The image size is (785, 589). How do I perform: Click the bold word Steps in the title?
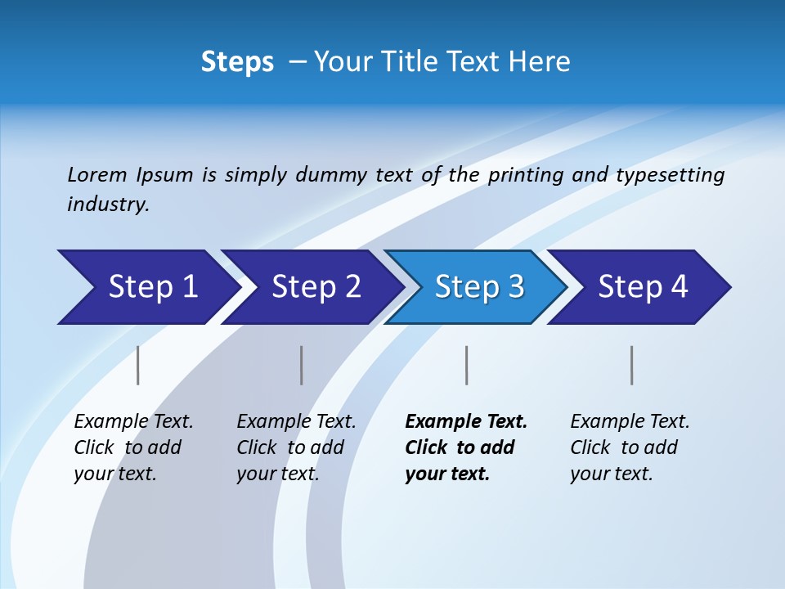(x=237, y=62)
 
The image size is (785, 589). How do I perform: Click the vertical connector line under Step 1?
(x=138, y=365)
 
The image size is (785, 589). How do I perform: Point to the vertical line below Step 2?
(x=302, y=365)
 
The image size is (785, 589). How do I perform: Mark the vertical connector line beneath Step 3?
(x=467, y=365)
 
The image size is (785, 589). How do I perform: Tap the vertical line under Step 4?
(x=632, y=365)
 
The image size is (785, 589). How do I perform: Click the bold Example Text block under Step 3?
(x=465, y=447)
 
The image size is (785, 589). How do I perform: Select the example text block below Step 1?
(x=133, y=447)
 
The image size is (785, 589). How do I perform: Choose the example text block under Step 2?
(x=296, y=447)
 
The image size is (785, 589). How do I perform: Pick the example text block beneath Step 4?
(x=630, y=447)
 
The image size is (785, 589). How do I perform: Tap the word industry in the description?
(x=108, y=205)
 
